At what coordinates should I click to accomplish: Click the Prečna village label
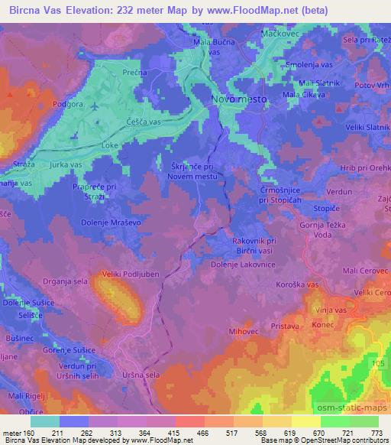click(135, 72)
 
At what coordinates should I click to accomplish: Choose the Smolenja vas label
click(309, 66)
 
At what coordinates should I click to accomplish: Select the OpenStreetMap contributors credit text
click(345, 441)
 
